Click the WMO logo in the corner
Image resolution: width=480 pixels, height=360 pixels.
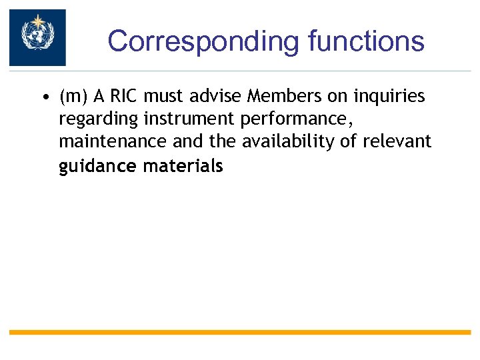[x=37, y=37]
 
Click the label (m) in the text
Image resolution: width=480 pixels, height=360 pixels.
[x=73, y=97]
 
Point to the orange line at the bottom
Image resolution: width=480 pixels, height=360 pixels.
[x=240, y=332]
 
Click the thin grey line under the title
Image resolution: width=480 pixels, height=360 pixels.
[x=267, y=71]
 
